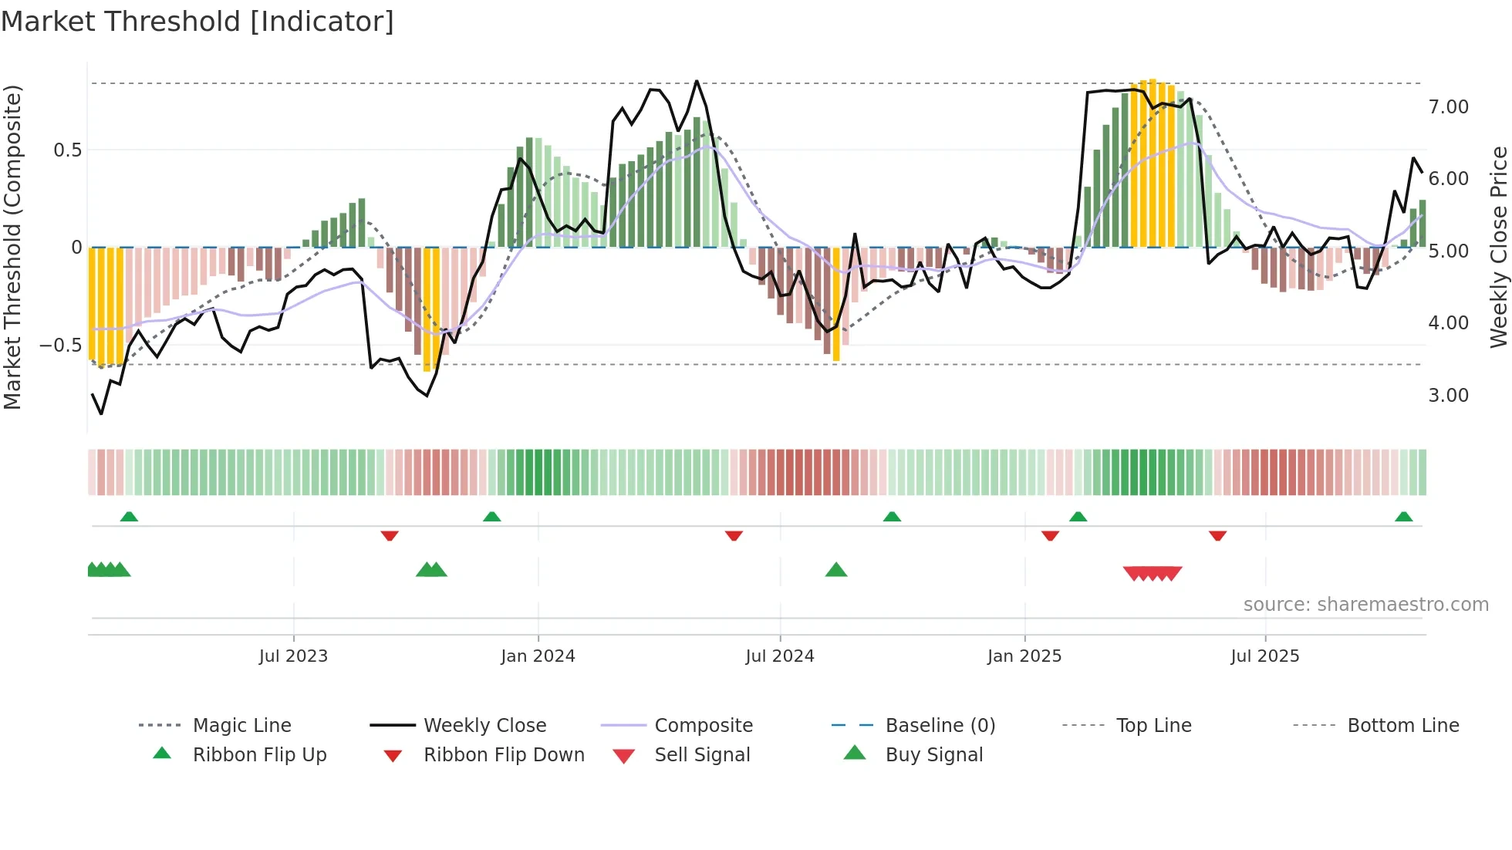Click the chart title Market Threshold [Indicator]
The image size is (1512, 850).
click(x=197, y=22)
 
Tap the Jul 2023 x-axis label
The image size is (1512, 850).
click(x=293, y=656)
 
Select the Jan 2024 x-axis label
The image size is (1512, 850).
click(x=538, y=656)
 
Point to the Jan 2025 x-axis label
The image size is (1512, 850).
click(x=1024, y=656)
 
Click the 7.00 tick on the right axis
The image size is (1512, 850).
click(x=1448, y=107)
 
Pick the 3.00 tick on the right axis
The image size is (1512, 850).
click(x=1448, y=396)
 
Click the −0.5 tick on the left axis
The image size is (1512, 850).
click(x=60, y=345)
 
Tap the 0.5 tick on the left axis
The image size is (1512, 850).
click(x=67, y=150)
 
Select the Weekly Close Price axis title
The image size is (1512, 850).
click(x=1498, y=247)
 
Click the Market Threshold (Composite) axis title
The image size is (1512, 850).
click(x=12, y=247)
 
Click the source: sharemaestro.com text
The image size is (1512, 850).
click(x=1365, y=605)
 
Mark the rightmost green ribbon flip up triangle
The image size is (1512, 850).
click(x=1403, y=517)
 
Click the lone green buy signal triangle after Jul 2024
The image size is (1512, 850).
click(x=836, y=570)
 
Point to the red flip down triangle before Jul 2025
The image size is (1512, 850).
click(x=1217, y=535)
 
